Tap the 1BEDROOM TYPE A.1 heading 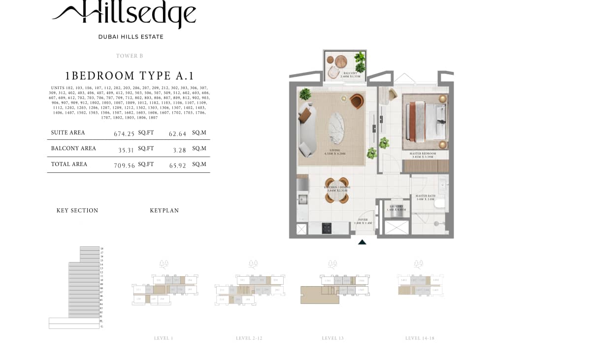coord(130,76)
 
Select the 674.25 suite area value coord(124,134)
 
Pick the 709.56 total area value coord(124,166)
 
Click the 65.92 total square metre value coord(177,166)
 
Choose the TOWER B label coord(130,56)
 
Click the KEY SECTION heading coord(77,211)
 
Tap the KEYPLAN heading coord(164,211)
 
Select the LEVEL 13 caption coord(333,338)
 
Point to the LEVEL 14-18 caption coord(420,338)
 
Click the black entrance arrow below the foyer coord(362,242)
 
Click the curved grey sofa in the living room coord(307,130)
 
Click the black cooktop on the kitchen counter coord(327,228)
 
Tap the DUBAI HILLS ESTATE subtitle coord(131,37)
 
